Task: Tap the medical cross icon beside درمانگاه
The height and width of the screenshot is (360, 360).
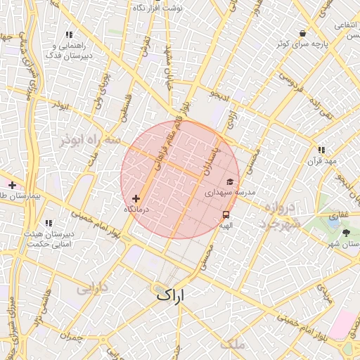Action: (x=136, y=199)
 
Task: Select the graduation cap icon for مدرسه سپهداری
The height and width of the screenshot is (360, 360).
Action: (x=230, y=181)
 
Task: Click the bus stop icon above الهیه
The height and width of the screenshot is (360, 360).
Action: (x=226, y=215)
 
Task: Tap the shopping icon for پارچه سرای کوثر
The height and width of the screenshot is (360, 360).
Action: (x=302, y=33)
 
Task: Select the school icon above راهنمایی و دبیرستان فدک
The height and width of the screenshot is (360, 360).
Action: (x=69, y=34)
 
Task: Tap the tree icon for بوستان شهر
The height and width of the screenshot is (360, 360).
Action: (x=346, y=231)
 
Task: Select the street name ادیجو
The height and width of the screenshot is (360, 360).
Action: (x=219, y=94)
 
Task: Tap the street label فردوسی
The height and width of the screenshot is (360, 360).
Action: (x=290, y=88)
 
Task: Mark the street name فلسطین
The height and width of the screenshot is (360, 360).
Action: (x=125, y=110)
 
